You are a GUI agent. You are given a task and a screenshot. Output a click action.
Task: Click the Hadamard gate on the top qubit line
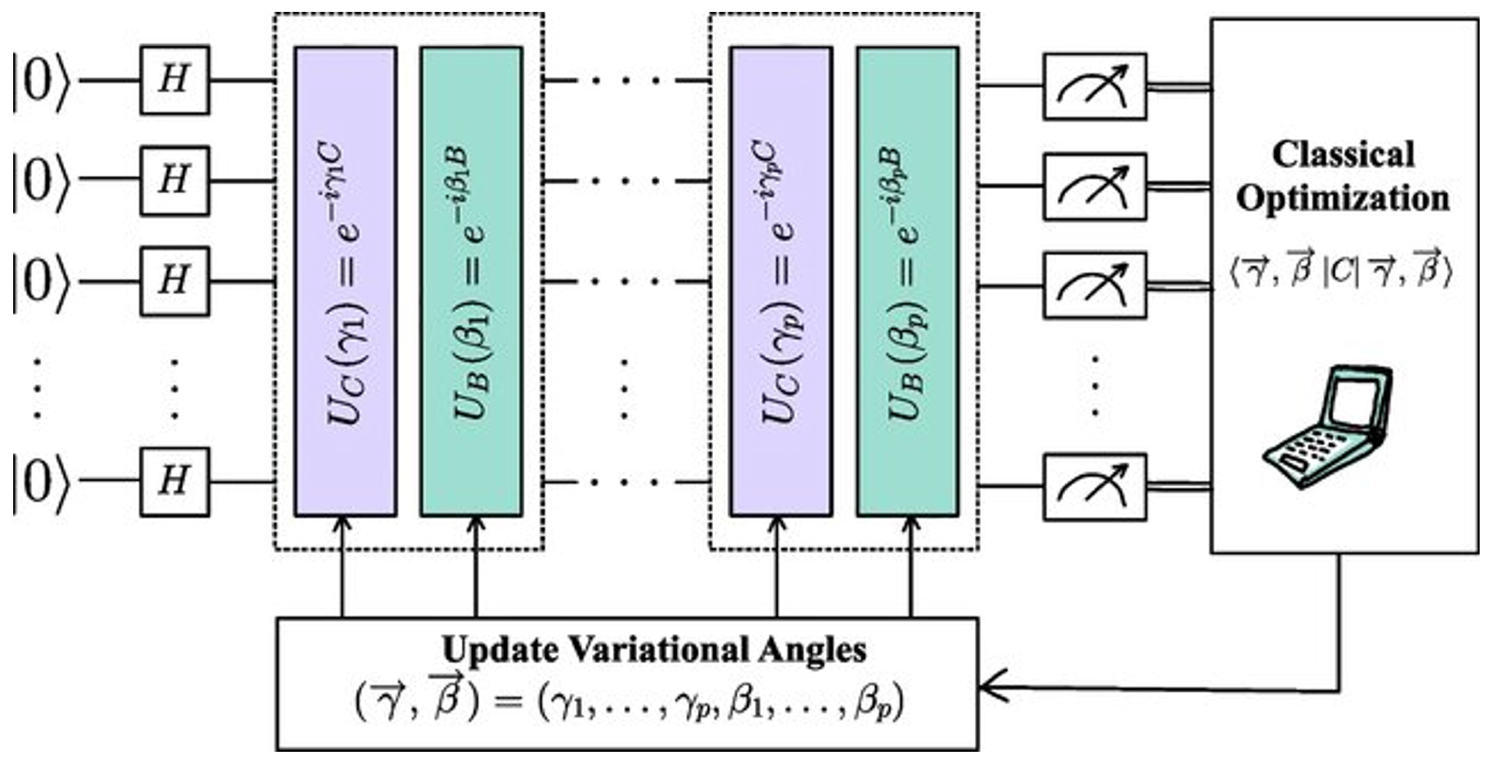[x=174, y=79]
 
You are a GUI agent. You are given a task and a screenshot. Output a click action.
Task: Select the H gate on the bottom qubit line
[x=174, y=481]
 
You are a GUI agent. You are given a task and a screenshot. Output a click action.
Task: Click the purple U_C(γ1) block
[x=346, y=281]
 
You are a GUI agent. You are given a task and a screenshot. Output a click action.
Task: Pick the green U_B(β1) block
[x=471, y=281]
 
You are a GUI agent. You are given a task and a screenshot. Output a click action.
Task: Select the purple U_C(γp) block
[x=781, y=281]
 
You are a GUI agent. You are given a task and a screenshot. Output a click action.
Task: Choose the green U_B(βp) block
[x=908, y=281]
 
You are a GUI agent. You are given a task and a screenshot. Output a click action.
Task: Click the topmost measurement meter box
[x=1095, y=87]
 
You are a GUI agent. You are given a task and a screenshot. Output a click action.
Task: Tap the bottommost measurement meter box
[x=1095, y=487]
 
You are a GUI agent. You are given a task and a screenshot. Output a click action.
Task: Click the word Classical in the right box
[x=1343, y=155]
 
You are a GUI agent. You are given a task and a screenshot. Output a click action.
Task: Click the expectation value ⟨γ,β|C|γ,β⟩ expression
[x=1341, y=272]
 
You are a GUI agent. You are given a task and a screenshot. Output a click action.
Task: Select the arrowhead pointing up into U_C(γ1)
[x=343, y=526]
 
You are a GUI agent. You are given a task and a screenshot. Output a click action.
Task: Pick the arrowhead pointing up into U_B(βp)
[x=911, y=526]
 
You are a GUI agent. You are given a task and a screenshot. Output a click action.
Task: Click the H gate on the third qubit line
[x=174, y=281]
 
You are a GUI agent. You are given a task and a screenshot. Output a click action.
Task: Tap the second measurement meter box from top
[x=1095, y=187]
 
